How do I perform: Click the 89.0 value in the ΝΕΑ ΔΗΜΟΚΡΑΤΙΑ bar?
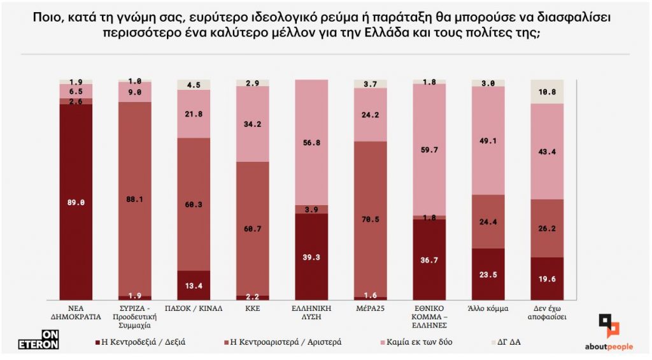click(x=76, y=202)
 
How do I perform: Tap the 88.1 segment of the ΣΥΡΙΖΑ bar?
click(x=135, y=198)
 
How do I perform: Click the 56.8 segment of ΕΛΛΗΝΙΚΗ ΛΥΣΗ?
click(x=311, y=143)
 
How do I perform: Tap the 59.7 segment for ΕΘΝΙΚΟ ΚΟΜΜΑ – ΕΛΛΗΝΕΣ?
click(x=429, y=150)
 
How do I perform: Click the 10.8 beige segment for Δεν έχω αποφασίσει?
click(x=547, y=91)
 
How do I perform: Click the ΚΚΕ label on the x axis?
click(x=253, y=308)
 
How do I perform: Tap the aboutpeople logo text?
click(x=609, y=347)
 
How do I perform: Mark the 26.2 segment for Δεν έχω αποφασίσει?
click(x=547, y=228)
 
